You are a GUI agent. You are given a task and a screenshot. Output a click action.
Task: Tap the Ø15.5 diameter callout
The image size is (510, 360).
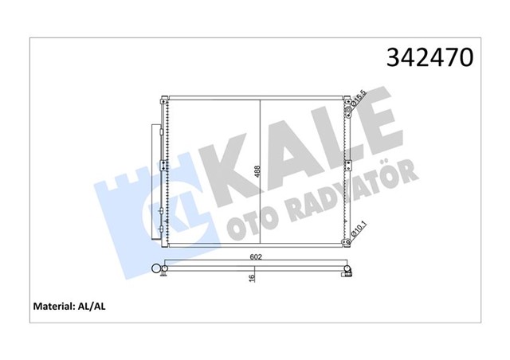coord(359,100)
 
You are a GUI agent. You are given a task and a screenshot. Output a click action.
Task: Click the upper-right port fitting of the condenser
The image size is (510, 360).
coord(350,102)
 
